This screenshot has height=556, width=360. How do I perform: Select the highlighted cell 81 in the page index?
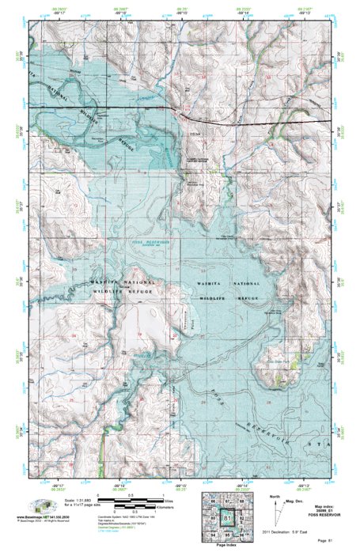click(x=229, y=519)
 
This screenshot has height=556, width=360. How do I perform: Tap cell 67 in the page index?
click(x=229, y=501)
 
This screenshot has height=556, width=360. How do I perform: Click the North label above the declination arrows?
click(x=274, y=497)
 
